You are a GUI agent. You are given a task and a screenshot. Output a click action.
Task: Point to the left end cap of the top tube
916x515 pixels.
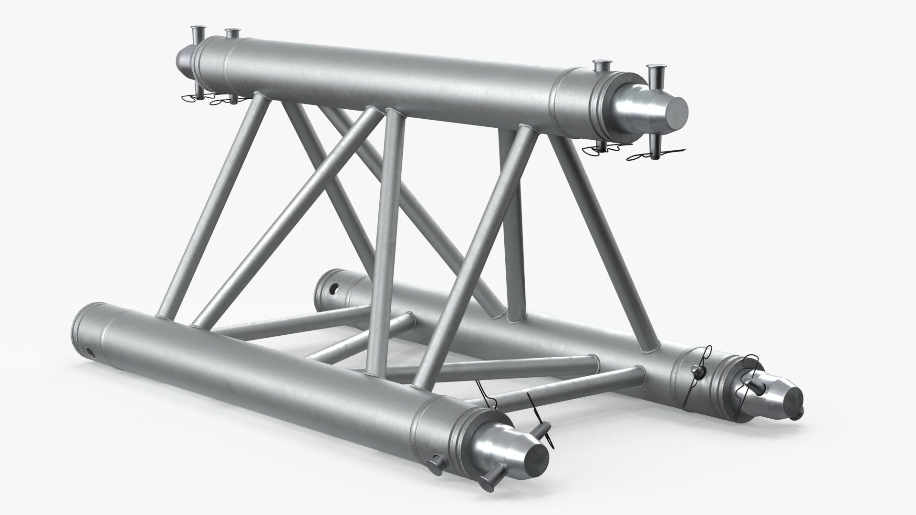click(184, 58)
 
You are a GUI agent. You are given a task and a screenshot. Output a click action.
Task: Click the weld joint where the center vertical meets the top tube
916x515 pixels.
click(394, 113)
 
